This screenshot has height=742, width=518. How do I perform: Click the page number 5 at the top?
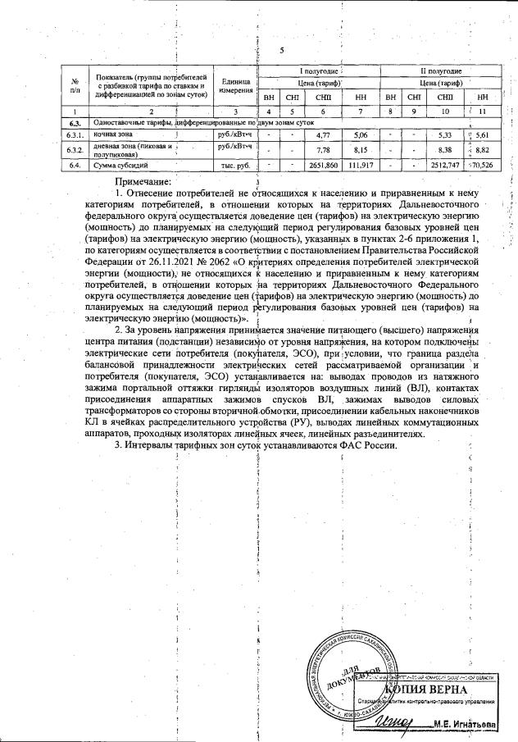click(x=281, y=51)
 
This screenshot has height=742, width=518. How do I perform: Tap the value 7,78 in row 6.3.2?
click(x=322, y=150)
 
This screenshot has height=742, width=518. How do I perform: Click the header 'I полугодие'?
click(x=320, y=72)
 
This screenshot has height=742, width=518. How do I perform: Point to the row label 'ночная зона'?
click(x=109, y=134)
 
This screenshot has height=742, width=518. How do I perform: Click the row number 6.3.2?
click(x=75, y=150)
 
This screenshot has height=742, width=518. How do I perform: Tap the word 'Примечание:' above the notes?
click(x=143, y=180)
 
